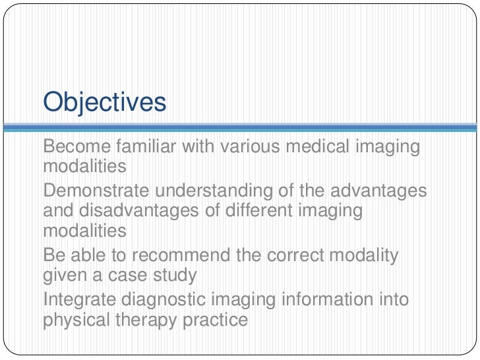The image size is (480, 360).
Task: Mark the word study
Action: (177, 275)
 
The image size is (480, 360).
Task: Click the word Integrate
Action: (78, 299)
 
